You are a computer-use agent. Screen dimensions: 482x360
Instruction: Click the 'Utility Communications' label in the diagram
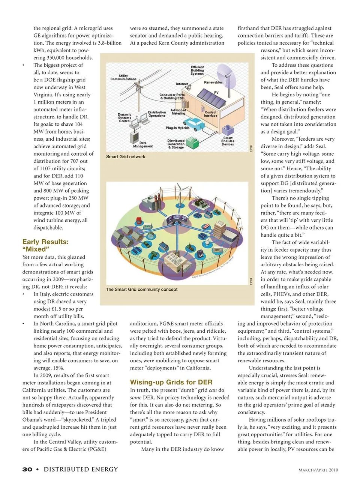(123, 77)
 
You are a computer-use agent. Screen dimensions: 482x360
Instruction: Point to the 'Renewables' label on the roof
(213, 82)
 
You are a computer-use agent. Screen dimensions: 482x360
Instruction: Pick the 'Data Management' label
(143, 144)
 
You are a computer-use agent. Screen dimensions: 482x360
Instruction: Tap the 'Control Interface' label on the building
(210, 114)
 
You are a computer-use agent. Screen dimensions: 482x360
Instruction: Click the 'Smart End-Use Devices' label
(228, 141)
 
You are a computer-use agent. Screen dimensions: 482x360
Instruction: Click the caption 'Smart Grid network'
(125, 157)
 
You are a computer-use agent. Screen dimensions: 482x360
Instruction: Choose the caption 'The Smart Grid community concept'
(141, 290)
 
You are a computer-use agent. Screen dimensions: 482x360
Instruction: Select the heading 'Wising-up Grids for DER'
(171, 382)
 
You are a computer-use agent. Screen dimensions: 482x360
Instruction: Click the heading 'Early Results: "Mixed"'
(45, 245)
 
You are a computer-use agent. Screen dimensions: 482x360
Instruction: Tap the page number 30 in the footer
(27, 469)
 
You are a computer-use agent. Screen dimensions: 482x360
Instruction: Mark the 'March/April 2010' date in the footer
(318, 470)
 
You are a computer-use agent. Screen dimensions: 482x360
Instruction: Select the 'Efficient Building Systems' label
(197, 70)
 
